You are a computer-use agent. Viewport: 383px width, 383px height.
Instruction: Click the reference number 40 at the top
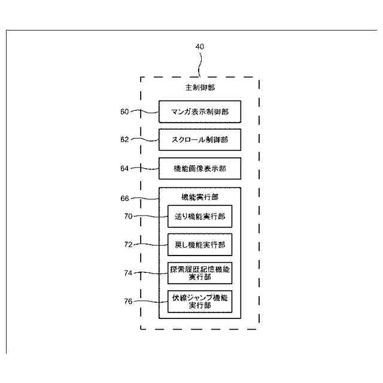pos(200,47)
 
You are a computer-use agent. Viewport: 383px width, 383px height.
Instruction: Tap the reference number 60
pos(124,111)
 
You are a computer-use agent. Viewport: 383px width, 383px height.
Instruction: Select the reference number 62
pos(124,139)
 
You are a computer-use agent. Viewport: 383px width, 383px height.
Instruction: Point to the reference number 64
pos(124,168)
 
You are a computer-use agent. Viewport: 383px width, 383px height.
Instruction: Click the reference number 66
pos(124,197)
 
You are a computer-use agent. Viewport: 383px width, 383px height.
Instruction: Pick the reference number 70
pos(127,217)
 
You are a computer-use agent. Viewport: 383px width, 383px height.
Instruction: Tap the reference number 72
pos(127,245)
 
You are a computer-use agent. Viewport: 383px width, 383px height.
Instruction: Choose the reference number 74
pos(127,273)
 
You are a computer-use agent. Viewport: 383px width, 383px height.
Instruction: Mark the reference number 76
pos(127,301)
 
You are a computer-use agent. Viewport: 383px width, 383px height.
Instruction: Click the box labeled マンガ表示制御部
pos(200,111)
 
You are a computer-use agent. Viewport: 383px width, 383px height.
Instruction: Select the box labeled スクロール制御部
pos(200,140)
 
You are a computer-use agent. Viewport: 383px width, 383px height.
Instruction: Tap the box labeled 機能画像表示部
pos(200,169)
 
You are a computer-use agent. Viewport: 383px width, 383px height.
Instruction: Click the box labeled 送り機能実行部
pos(200,217)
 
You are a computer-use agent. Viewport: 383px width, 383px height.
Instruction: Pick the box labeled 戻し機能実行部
pos(200,245)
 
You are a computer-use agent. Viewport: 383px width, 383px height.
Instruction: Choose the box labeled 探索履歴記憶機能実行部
pos(200,273)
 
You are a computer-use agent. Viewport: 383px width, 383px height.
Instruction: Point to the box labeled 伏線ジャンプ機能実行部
pos(200,301)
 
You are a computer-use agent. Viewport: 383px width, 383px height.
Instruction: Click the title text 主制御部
pos(200,88)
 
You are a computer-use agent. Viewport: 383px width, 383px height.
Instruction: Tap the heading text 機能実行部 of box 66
pos(200,196)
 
